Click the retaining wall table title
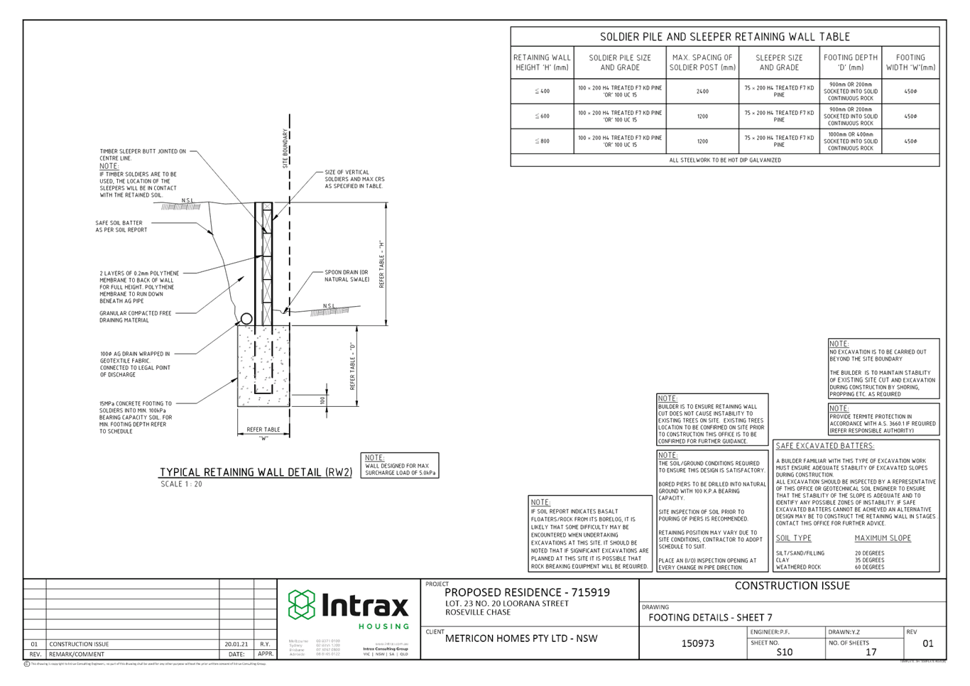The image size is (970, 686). point(725,36)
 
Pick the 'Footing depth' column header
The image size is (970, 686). point(851,62)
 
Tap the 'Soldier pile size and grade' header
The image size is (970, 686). point(620,62)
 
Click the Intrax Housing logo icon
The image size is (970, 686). point(301,605)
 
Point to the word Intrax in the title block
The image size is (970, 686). point(366,606)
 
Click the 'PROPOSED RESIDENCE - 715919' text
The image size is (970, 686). point(527,592)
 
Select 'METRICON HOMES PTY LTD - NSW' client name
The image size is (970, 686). point(521,638)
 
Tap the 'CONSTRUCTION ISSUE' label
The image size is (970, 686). point(792,586)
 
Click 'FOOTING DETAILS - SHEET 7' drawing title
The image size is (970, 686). point(710,617)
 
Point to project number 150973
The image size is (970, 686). point(697,643)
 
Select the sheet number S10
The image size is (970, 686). point(785,651)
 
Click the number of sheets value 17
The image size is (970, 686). point(871,651)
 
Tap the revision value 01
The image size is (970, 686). point(927,644)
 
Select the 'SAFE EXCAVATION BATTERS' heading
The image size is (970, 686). point(825,446)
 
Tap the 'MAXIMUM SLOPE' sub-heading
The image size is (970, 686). point(883,538)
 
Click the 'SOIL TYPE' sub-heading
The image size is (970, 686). point(794,538)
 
